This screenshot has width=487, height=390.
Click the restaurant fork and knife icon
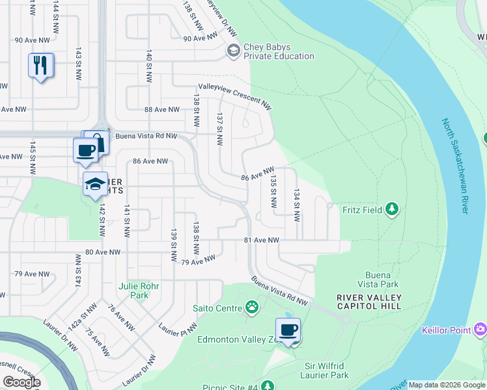(40, 65)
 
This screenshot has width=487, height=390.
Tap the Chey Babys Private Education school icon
(232, 51)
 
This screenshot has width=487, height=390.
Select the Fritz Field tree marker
(391, 209)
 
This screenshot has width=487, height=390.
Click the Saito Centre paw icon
(251, 307)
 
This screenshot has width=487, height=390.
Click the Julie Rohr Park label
(134, 290)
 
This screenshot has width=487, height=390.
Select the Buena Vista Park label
(378, 279)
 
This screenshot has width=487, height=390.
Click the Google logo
(21, 382)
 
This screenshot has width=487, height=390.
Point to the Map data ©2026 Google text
(447, 385)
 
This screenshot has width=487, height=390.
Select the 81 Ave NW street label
(262, 240)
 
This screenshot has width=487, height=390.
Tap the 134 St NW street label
(297, 205)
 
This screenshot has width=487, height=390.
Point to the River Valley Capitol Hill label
(369, 302)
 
